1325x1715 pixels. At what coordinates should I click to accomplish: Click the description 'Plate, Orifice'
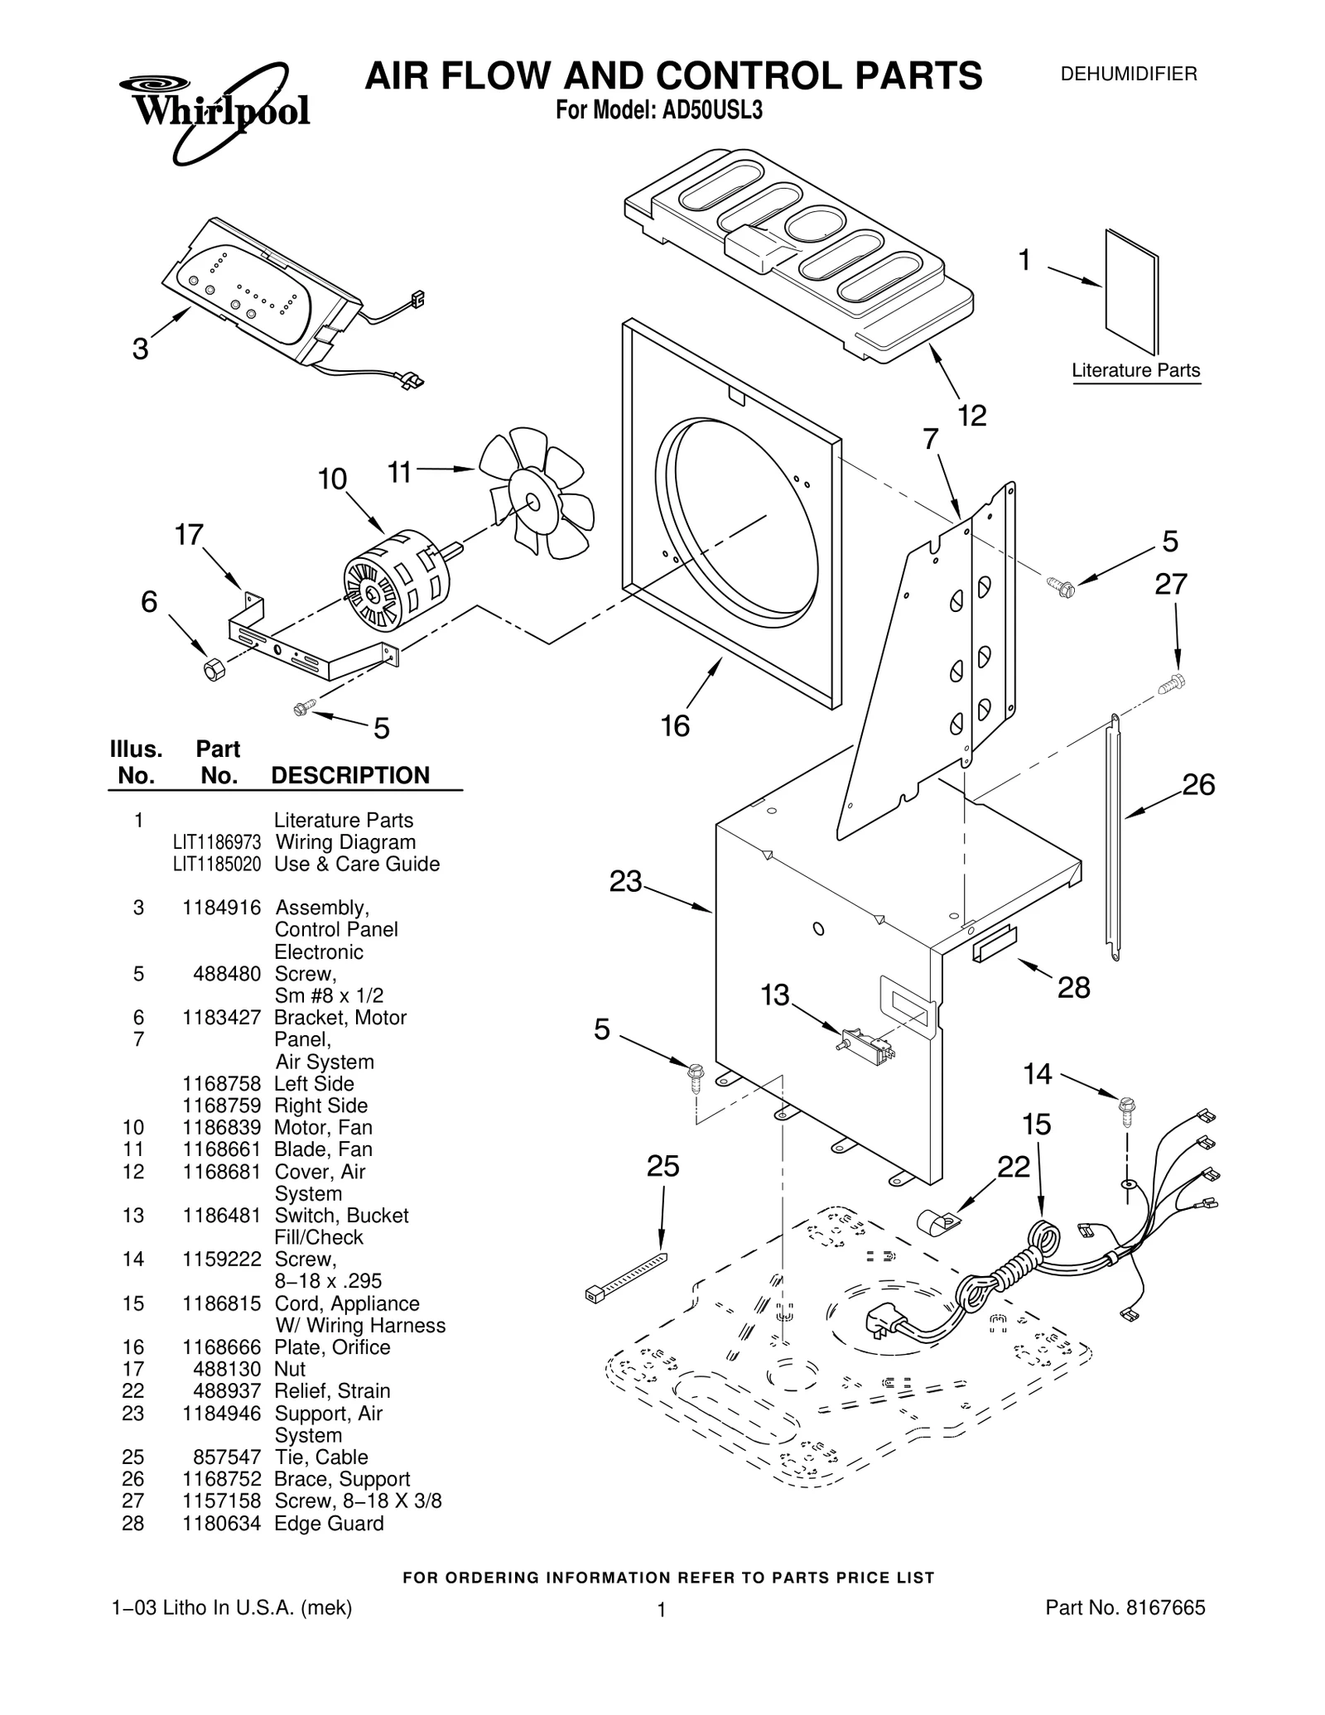click(x=332, y=1347)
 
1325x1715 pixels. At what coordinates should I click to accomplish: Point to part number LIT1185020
click(x=217, y=864)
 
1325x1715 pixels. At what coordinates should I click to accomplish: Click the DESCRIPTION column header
click(x=350, y=775)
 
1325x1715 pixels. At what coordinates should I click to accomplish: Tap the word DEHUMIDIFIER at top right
click(x=1129, y=75)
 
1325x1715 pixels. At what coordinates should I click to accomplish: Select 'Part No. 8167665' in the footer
click(x=1125, y=1608)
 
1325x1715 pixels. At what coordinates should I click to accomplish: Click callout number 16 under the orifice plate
click(x=675, y=726)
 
